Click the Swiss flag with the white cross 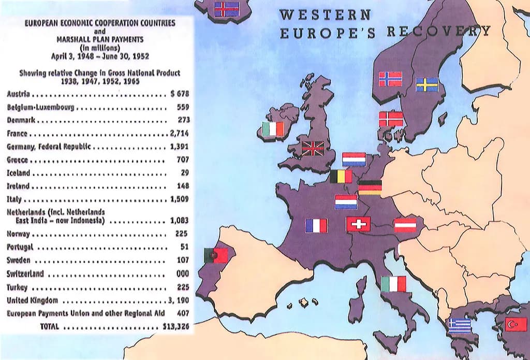[358, 224]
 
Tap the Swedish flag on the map [427, 84]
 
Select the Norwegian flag [390, 79]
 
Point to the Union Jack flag [313, 149]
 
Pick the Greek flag [460, 325]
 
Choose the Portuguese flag [216, 255]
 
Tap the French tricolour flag [316, 225]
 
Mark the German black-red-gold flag [370, 187]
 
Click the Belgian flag [341, 177]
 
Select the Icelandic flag [227, 9]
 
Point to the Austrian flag [405, 225]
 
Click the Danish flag [391, 119]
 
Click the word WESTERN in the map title [325, 15]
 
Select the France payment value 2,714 [179, 134]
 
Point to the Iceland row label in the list [19, 173]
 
